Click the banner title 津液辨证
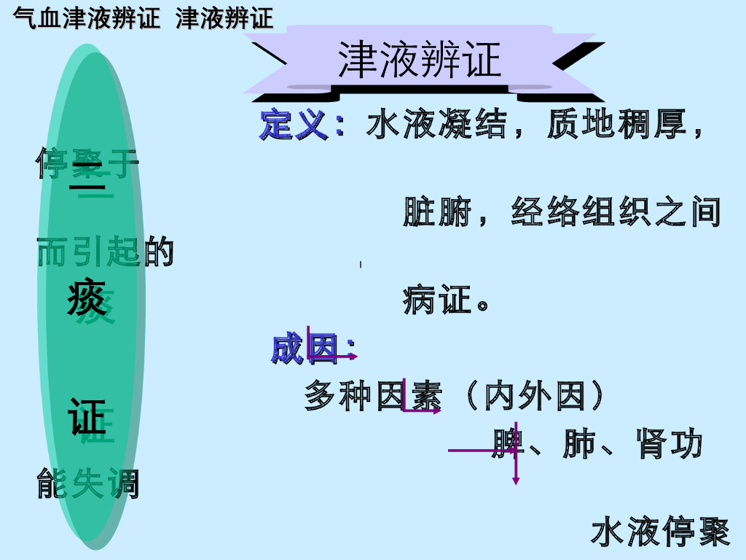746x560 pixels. point(420,60)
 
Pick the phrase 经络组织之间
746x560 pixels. point(616,212)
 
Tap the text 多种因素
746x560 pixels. point(372,396)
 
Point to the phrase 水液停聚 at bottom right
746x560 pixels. point(660,532)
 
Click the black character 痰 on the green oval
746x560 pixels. point(87,298)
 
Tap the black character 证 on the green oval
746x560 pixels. point(87,416)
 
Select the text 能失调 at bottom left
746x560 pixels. point(88,484)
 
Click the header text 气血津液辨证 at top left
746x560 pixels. point(87,18)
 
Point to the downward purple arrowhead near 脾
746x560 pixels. point(516,480)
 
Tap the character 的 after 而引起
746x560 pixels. point(159,252)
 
